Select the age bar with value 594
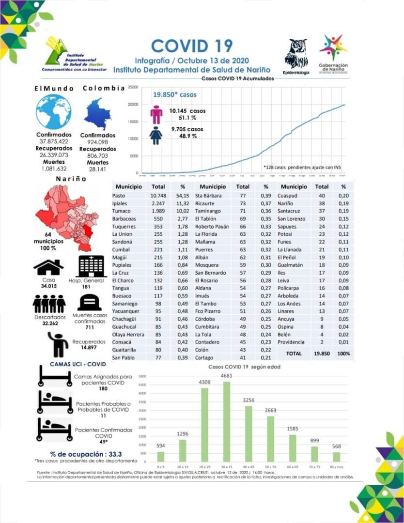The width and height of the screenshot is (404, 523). pyautogui.click(x=161, y=456)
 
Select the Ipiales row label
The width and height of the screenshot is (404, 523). pyautogui.click(x=119, y=203)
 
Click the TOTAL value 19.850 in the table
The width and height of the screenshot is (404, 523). pyautogui.click(x=322, y=354)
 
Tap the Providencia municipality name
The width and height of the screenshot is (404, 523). pyautogui.click(x=291, y=342)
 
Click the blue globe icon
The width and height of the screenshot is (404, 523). pyautogui.click(x=53, y=112)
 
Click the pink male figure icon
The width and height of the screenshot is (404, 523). pyautogui.click(x=156, y=114)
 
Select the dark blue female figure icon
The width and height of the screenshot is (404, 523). pyautogui.click(x=156, y=135)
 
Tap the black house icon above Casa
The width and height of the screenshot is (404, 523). pyautogui.click(x=48, y=267)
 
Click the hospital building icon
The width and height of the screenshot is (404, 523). pyautogui.click(x=91, y=266)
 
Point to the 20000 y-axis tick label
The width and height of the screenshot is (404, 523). pyautogui.click(x=133, y=104)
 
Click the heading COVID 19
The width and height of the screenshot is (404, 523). pyautogui.click(x=192, y=46)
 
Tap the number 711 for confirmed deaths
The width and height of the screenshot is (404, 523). pyautogui.click(x=90, y=327)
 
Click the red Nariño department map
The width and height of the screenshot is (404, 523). pyautogui.click(x=61, y=213)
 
